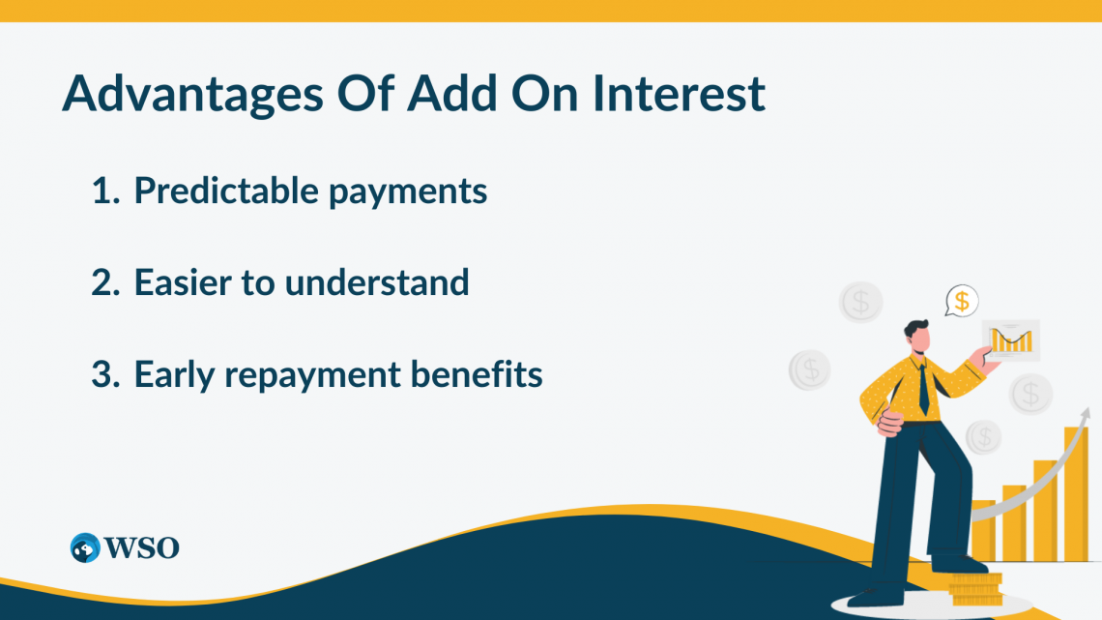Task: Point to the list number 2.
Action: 103,282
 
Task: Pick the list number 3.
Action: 103,374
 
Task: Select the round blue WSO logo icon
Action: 85,547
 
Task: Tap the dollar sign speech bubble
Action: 962,301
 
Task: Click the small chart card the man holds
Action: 1011,340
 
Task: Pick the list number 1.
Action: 102,192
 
